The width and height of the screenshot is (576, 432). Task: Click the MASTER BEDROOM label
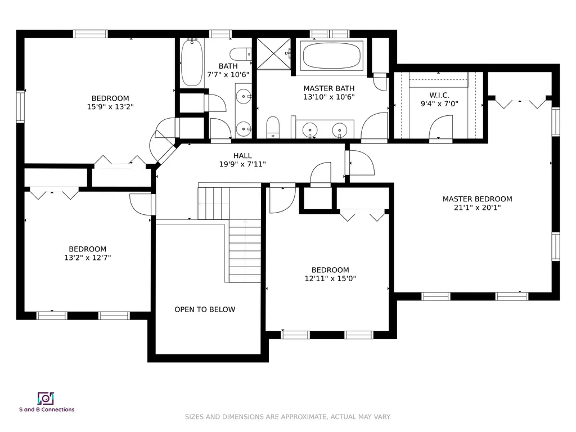tap(477, 199)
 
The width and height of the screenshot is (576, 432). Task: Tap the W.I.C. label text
tap(439, 95)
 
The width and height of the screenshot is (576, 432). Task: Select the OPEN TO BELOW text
tap(205, 310)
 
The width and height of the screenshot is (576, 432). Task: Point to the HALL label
tap(242, 156)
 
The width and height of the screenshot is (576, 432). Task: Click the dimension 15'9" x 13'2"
tap(110, 107)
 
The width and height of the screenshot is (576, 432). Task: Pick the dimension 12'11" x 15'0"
tap(330, 278)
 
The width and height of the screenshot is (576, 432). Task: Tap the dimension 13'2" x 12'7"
tap(87, 258)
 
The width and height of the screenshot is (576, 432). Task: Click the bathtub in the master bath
tap(331, 56)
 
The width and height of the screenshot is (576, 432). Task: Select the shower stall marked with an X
tap(274, 53)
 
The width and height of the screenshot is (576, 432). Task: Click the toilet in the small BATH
tap(241, 54)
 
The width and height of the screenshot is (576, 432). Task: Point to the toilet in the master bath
tap(273, 127)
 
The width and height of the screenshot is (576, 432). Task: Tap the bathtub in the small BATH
tap(192, 62)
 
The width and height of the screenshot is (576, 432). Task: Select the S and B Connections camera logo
tap(46, 399)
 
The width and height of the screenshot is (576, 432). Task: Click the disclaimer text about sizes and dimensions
tap(287, 417)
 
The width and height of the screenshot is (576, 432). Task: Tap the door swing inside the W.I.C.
tap(441, 127)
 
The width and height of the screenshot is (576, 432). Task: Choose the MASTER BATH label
tap(328, 88)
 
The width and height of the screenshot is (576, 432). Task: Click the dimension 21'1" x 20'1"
tap(477, 208)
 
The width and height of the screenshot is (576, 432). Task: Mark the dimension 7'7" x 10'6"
tap(228, 75)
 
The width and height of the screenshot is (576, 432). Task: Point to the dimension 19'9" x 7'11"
tap(242, 164)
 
